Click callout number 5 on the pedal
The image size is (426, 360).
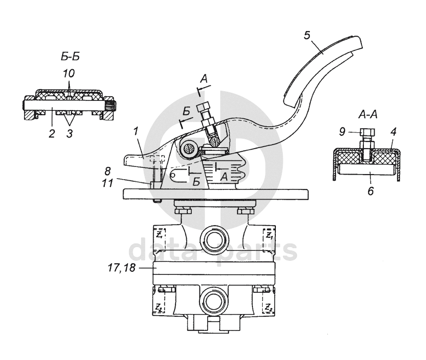tap(307, 35)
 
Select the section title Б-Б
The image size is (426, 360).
tap(70, 57)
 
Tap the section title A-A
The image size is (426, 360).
tap(368, 115)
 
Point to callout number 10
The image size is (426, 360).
tap(69, 73)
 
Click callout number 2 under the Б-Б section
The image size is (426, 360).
tap(52, 133)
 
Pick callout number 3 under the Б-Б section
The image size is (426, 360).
tap(70, 133)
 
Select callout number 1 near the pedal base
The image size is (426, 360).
tap(136, 131)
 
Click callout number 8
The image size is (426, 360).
tap(107, 171)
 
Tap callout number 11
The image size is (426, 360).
tap(107, 183)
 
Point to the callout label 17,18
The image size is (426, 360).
tap(122, 268)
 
